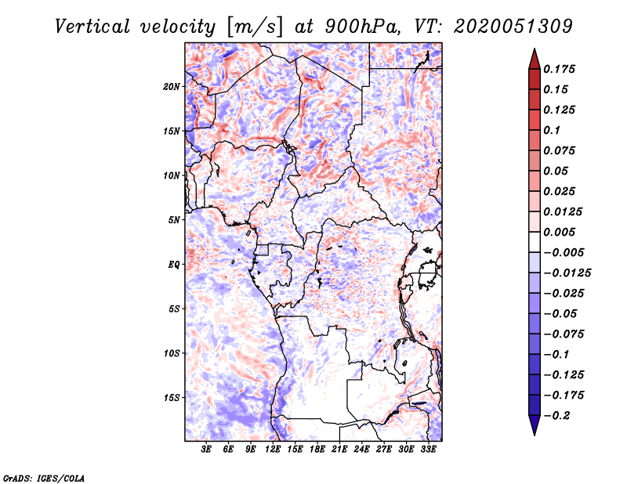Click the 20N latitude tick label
171,87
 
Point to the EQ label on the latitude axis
173,265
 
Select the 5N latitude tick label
174,220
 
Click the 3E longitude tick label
206,450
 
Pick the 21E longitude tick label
339,450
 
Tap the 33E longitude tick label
428,450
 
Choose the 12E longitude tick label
272,450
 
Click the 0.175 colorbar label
559,69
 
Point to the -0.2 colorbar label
556,416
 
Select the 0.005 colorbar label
559,232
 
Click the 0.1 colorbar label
552,130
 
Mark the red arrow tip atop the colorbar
535,49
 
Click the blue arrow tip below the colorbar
535,435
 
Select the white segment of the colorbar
535,242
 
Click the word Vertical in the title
92,27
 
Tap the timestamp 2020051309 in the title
513,27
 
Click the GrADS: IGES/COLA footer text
44,478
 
